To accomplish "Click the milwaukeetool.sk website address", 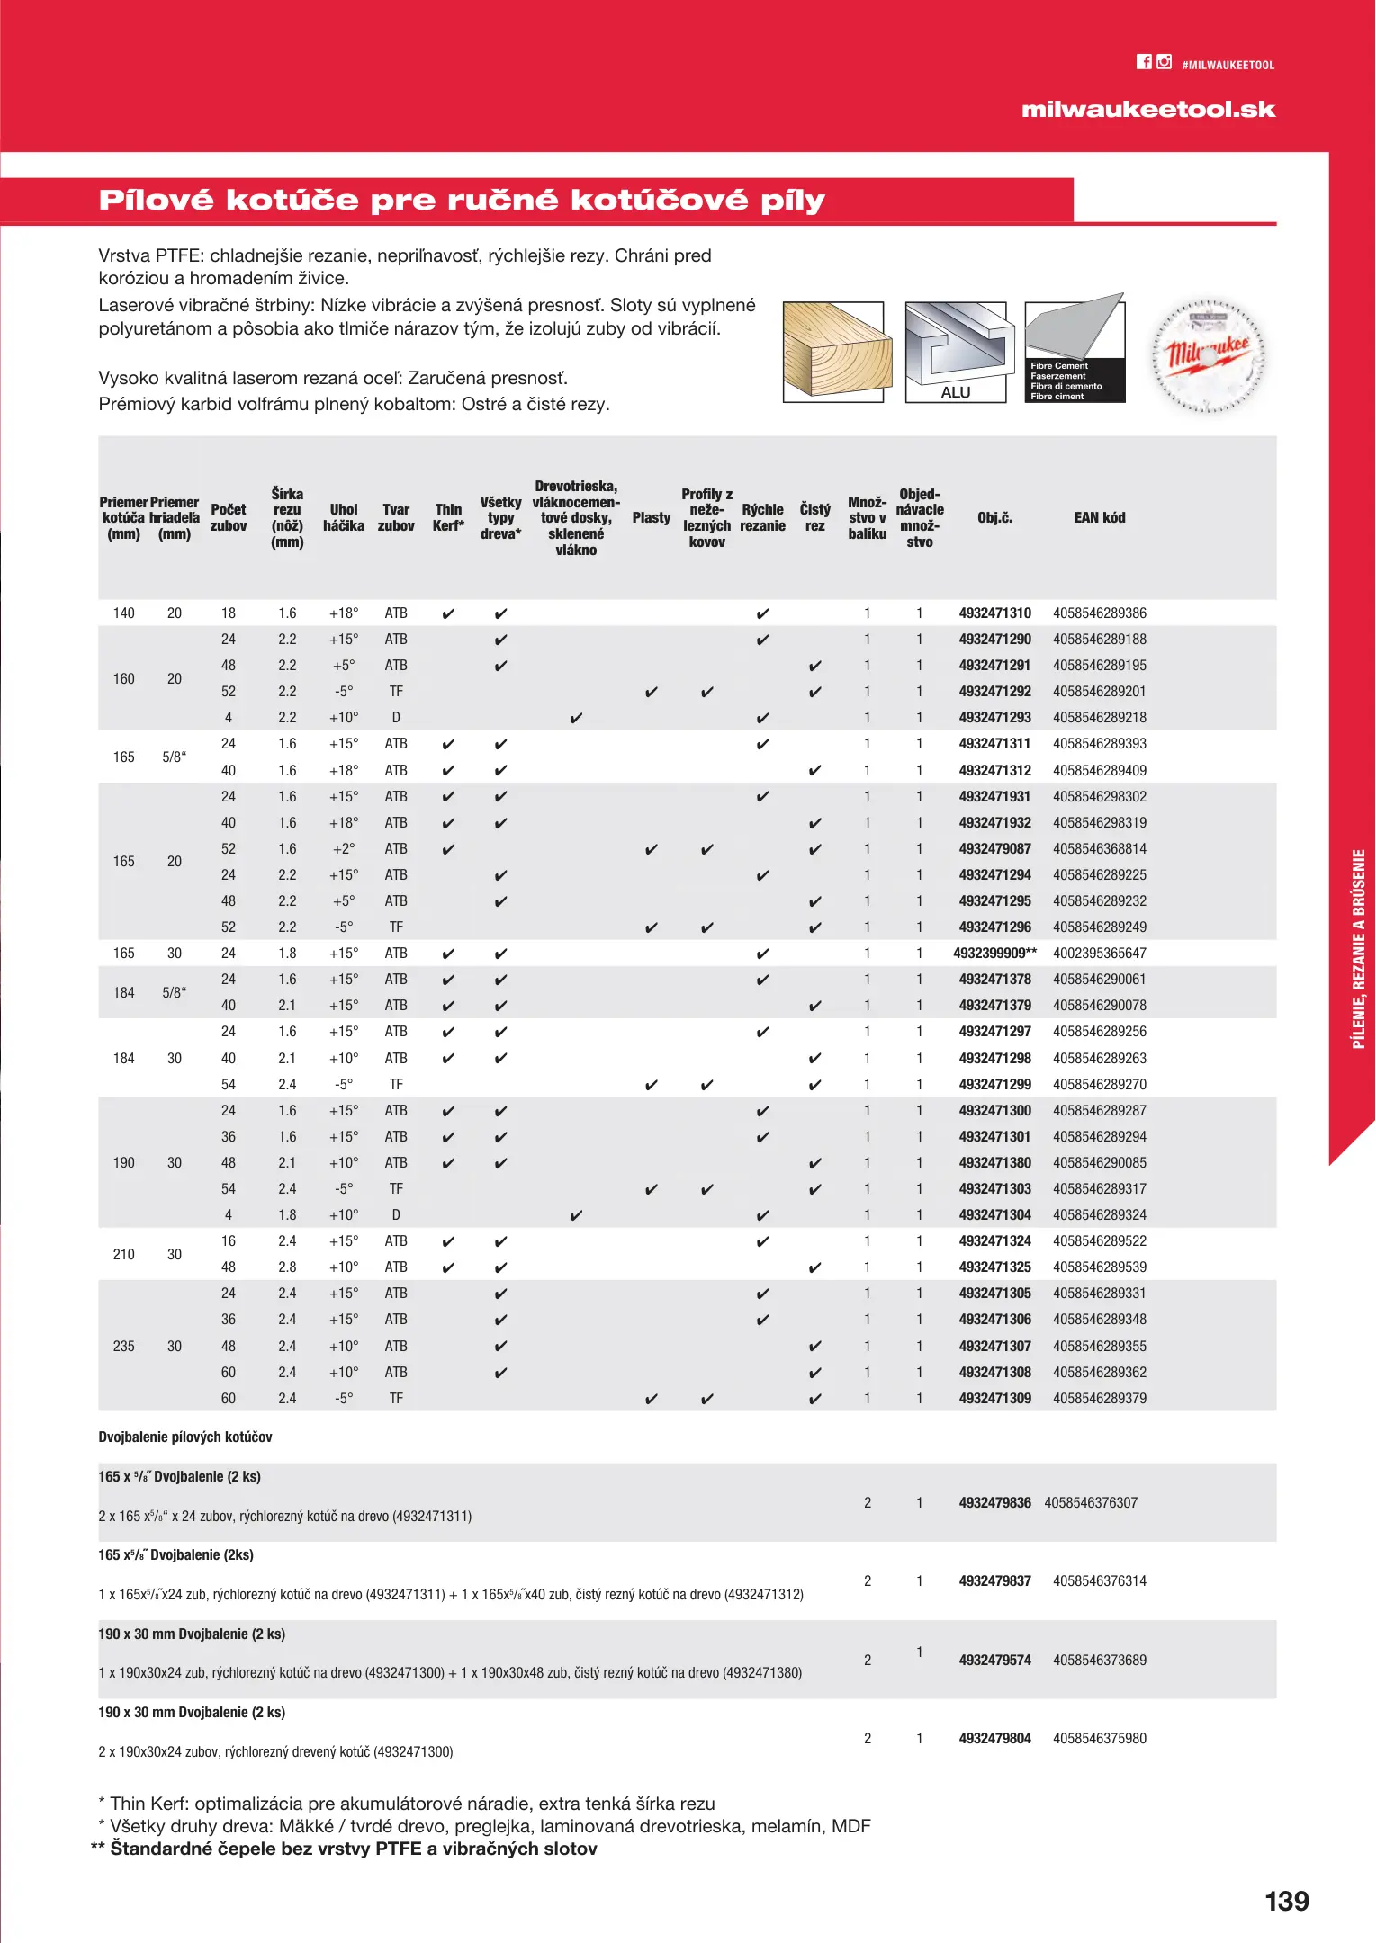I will point(1147,110).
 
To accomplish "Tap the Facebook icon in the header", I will point(1144,62).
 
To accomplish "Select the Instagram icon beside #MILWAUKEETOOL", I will point(1165,62).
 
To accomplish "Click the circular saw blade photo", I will point(1209,355).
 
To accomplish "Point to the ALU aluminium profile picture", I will point(955,352).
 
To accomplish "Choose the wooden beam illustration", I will point(836,352).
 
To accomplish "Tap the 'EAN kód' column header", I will point(1099,518).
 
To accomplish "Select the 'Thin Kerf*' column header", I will point(448,518).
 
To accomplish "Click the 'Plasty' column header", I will point(651,518).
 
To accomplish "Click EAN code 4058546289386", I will point(1099,613).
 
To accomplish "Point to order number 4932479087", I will point(994,849).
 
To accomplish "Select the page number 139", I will point(1286,1902).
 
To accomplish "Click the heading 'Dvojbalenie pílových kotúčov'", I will point(185,1437).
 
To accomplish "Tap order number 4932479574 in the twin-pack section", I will point(994,1661).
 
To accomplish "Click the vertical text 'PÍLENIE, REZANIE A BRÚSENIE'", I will point(1358,949).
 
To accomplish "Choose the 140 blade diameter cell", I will point(123,613).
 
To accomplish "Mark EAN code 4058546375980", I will point(1099,1739).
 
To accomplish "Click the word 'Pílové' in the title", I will point(156,200).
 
